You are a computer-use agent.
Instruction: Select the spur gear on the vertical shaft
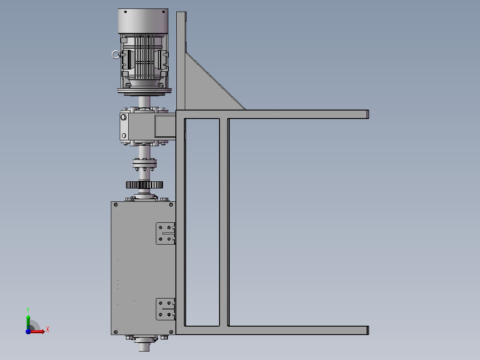pos(144,185)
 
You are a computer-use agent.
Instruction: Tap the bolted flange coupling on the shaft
pos(144,164)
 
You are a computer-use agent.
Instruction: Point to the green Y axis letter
pos(28,310)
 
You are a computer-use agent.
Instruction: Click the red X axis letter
pos(48,330)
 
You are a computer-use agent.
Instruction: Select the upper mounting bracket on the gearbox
pos(165,233)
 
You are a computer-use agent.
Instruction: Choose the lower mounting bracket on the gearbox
pos(165,309)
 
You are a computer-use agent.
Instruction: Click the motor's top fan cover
pos(143,21)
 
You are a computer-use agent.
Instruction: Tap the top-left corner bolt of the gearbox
pos(116,205)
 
